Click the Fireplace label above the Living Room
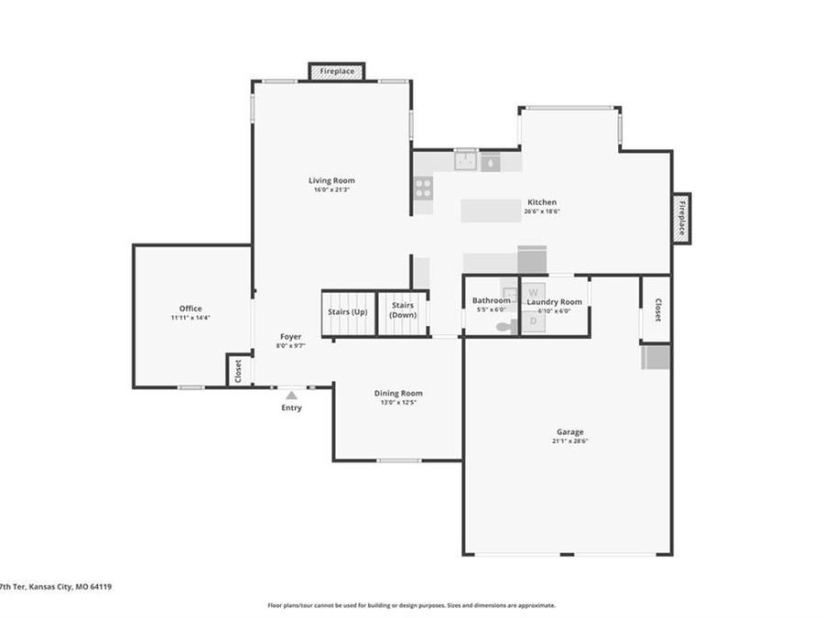coord(337,70)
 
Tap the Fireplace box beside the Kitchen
coord(681,218)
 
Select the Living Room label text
coord(331,180)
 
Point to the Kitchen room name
coord(541,202)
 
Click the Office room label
coord(190,309)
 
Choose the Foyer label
coord(291,337)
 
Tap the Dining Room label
coord(398,393)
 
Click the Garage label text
coord(569,432)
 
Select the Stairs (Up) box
coord(347,313)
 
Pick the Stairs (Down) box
coord(403,312)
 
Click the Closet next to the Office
coord(238,371)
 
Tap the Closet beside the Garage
coord(656,309)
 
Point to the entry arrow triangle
coord(291,396)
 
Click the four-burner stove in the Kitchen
coord(423,188)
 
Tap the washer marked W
coord(534,290)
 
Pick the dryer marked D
coord(534,321)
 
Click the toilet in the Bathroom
coord(503,325)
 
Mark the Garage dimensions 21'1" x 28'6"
coord(569,441)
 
